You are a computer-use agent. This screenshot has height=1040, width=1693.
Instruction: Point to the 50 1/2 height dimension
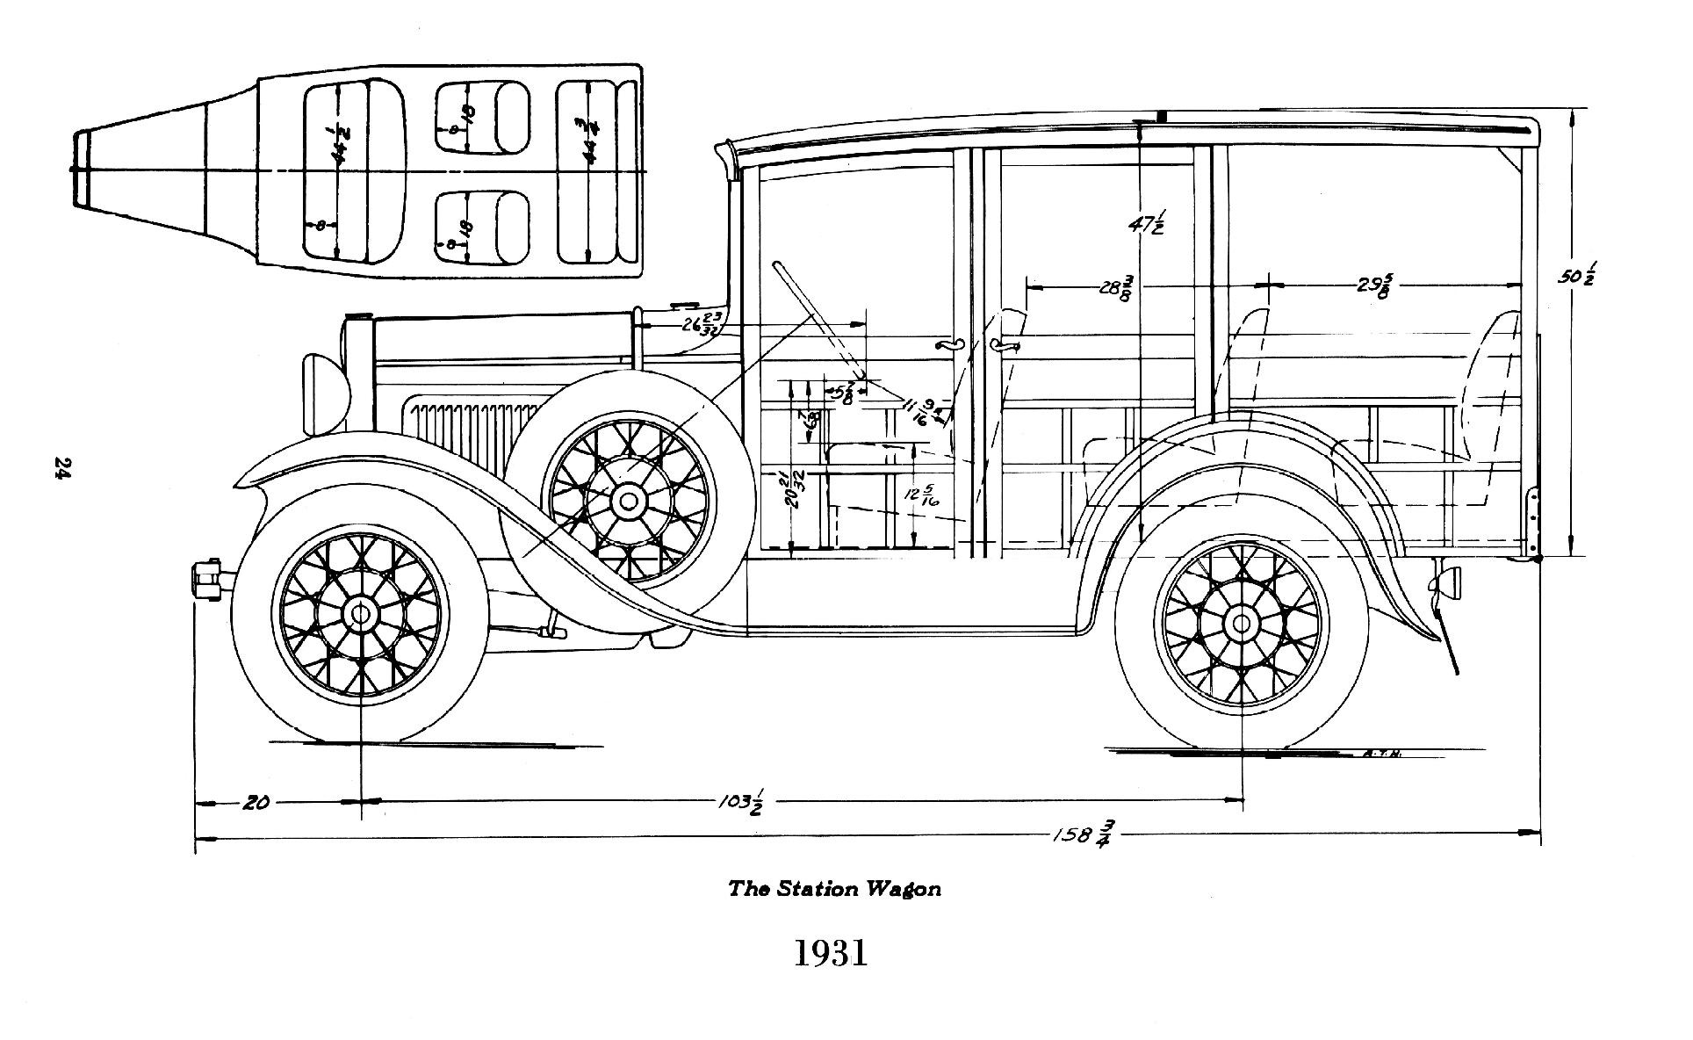(x=1577, y=273)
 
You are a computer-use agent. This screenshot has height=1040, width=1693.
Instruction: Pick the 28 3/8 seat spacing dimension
(x=1116, y=287)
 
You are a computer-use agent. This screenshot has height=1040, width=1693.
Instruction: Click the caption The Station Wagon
(x=833, y=888)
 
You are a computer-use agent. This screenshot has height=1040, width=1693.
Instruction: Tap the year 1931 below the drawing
(x=831, y=954)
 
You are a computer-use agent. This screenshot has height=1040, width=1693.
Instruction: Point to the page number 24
(x=62, y=467)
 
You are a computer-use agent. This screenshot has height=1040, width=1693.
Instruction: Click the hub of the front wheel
(x=360, y=613)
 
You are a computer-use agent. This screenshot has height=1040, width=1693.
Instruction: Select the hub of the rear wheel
(x=1241, y=624)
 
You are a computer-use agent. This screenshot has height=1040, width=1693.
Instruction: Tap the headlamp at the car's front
(x=321, y=393)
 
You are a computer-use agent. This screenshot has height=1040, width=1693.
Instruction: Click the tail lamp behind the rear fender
(x=1448, y=581)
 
